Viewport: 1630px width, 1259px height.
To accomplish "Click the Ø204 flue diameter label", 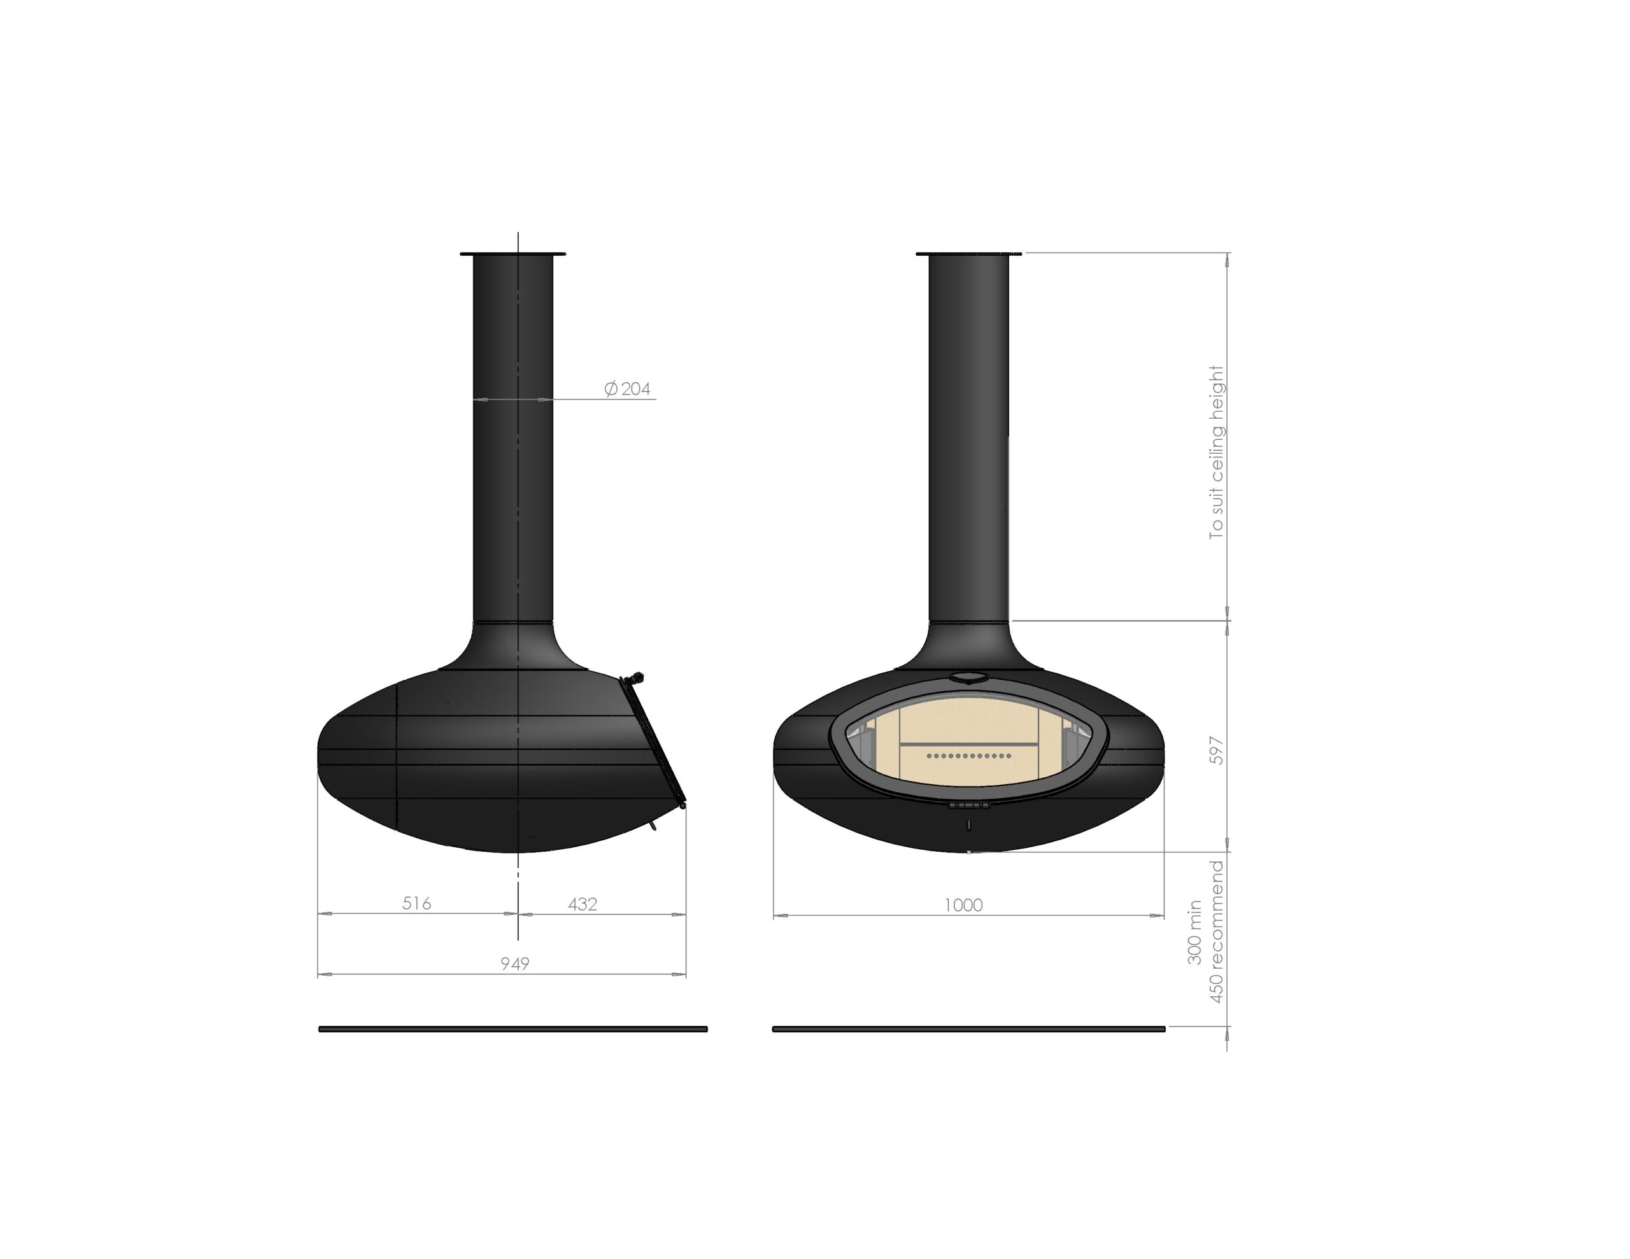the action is click(627, 389).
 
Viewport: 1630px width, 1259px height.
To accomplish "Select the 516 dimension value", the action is click(416, 904).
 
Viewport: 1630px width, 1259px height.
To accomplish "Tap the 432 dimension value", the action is click(583, 904).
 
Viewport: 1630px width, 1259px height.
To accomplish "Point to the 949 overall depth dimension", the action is click(515, 964).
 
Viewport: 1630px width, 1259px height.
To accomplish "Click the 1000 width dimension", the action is click(963, 905).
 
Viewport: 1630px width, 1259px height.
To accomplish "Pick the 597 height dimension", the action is click(1217, 750).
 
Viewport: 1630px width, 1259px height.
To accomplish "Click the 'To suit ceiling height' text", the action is click(1217, 453).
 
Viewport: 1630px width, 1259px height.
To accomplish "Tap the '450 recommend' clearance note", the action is click(1217, 932).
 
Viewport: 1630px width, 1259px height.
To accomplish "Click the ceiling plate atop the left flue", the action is click(513, 255).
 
